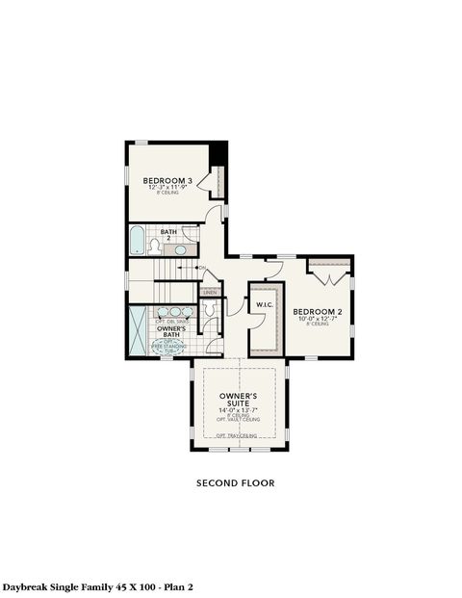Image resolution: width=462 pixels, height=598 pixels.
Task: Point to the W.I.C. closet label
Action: coord(264,305)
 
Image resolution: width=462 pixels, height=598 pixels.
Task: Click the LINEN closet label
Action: coord(210,291)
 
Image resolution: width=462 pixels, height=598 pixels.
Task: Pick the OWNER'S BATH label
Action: coord(171,332)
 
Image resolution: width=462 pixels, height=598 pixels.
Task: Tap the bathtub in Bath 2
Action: coord(137,239)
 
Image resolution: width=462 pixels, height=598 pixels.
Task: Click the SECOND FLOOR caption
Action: coord(236,482)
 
